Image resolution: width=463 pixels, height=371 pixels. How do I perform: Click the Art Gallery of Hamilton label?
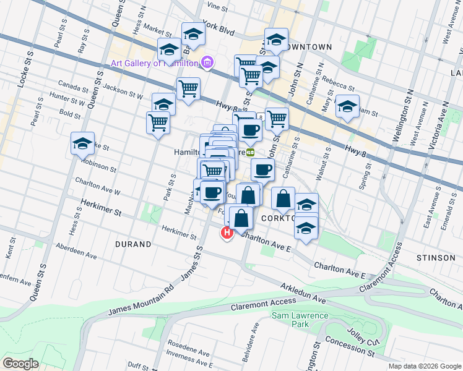click(154, 63)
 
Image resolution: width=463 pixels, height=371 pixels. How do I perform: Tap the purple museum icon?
click(207, 62)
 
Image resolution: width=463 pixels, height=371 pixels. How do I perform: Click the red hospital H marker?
click(227, 233)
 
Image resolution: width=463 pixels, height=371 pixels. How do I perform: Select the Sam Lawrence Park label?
click(291, 320)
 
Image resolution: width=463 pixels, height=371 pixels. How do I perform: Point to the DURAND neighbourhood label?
click(133, 244)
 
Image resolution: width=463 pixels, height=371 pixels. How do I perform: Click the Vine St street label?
click(218, 7)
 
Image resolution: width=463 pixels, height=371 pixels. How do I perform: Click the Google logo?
click(21, 363)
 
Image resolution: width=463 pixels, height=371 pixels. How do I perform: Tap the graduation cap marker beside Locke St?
click(82, 144)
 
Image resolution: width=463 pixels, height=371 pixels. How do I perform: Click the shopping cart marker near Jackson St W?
click(188, 88)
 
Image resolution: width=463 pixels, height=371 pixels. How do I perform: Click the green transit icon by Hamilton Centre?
click(251, 151)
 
